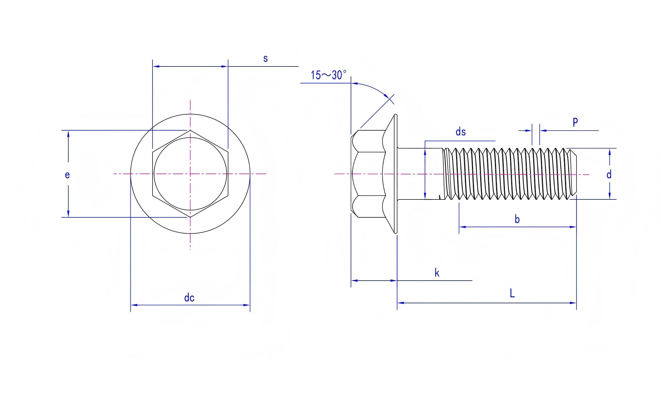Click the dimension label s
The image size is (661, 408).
(265, 59)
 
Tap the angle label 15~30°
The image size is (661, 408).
(329, 75)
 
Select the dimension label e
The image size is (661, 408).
(67, 175)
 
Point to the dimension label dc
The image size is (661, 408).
(189, 298)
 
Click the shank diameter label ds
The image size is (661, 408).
(460, 132)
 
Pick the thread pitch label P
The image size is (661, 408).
(575, 122)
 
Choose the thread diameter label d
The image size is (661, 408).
(609, 174)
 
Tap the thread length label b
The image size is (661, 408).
(517, 219)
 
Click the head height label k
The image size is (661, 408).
(437, 273)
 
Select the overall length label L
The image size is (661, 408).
(512, 293)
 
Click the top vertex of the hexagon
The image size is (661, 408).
(190, 130)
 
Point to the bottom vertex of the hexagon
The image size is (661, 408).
(190, 217)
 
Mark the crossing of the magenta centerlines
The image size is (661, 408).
(190, 174)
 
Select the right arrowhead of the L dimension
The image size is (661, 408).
(573, 303)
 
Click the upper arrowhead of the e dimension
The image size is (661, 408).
(68, 134)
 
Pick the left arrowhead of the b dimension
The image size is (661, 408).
(463, 227)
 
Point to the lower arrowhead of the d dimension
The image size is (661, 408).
(609, 196)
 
